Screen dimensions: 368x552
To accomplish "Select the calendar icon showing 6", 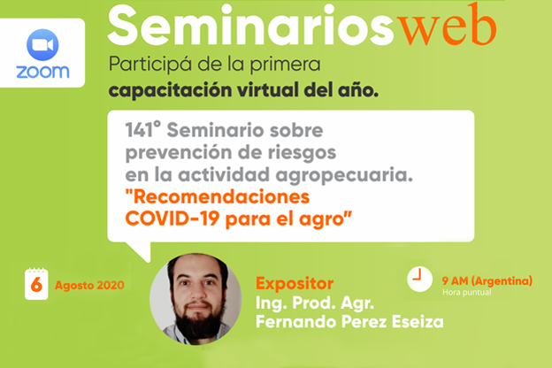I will (x=35, y=283).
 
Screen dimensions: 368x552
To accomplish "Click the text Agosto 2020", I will (x=89, y=285).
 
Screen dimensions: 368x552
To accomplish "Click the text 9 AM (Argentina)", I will (x=487, y=280).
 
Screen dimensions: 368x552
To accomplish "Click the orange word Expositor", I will (x=295, y=284).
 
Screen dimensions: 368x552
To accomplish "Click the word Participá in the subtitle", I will (x=144, y=65).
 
